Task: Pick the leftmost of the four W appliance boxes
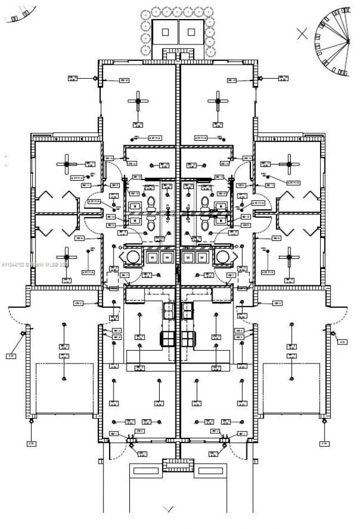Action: pos(152,258)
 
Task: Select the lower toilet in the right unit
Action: pos(205,223)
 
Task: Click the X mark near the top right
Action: pos(302,33)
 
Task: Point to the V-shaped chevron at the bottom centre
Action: pos(168,509)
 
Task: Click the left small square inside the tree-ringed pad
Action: pos(165,32)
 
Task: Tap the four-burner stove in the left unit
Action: pos(168,338)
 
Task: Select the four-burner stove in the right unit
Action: pos(187,338)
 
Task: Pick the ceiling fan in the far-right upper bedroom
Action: pos(289,164)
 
